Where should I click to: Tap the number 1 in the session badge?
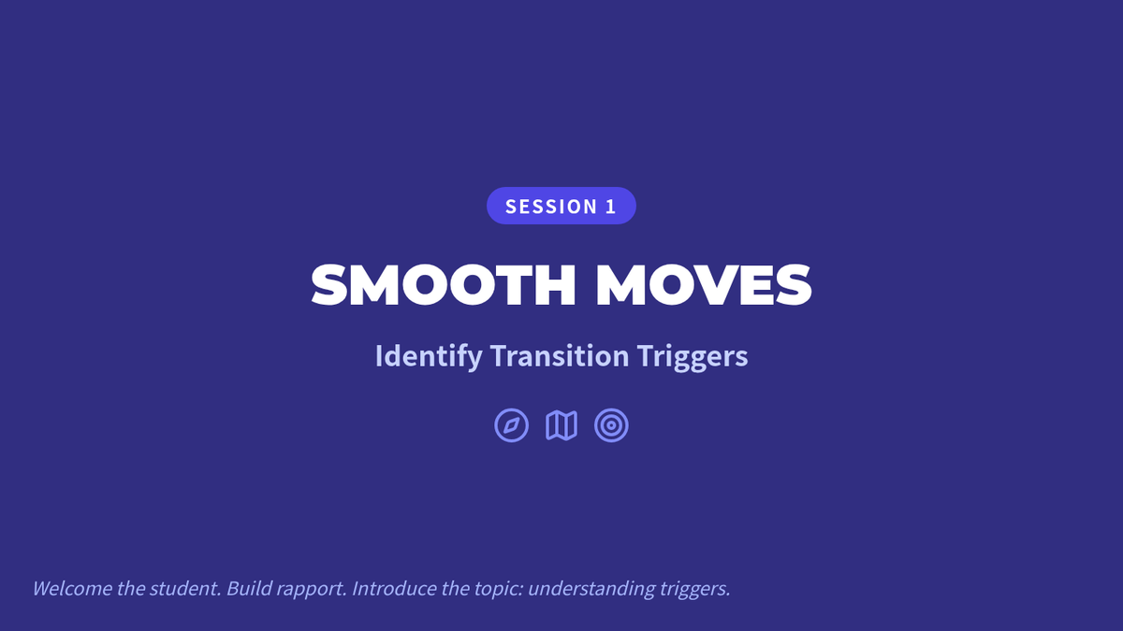pyautogui.click(x=610, y=207)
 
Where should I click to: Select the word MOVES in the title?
pyautogui.click(x=704, y=284)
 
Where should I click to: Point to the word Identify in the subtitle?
pyautogui.click(x=429, y=356)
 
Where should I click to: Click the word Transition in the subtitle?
pyautogui.click(x=560, y=355)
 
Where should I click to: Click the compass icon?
pyautogui.click(x=511, y=425)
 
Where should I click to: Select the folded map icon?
pyautogui.click(x=561, y=425)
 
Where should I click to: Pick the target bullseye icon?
pyautogui.click(x=611, y=425)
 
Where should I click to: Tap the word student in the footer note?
pyautogui.click(x=185, y=588)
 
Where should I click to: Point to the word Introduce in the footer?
pyautogui.click(x=394, y=588)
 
